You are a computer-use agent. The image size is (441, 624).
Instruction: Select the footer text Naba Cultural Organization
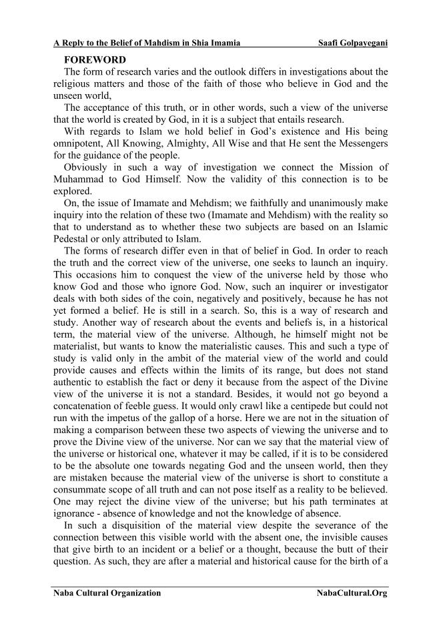coord(107,593)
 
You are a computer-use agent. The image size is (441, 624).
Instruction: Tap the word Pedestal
coord(73,238)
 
